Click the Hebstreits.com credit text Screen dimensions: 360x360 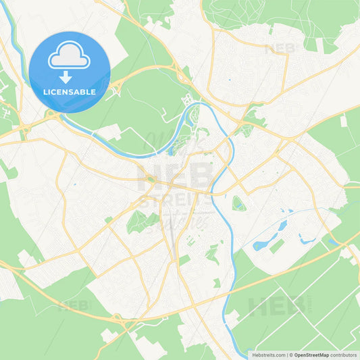pos(268,354)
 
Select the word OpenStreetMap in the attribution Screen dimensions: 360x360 pos(311,354)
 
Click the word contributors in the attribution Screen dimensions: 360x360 pos(344,354)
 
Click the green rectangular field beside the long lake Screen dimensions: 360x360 pos(278,247)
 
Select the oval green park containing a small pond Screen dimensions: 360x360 pos(238,203)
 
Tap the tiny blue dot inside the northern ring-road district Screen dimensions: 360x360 pos(230,80)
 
